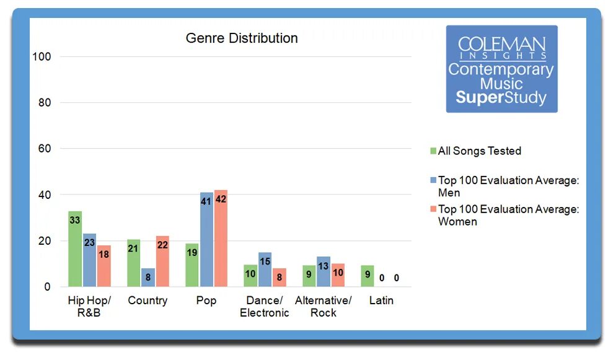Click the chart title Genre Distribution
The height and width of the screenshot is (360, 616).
(242, 38)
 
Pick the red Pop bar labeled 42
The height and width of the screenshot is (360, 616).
(221, 239)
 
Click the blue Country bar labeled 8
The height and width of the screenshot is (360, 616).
(148, 278)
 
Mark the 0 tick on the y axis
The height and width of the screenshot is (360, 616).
(46, 287)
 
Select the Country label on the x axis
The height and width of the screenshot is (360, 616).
(147, 301)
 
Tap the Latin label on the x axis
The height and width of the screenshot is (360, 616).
(381, 301)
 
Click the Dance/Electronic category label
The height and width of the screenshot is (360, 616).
(265, 307)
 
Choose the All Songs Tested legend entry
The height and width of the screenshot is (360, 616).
(479, 151)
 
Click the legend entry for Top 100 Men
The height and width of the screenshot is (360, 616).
(508, 186)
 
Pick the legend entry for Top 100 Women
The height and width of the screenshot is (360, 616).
(508, 215)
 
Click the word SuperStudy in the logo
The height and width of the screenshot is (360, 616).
(501, 98)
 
